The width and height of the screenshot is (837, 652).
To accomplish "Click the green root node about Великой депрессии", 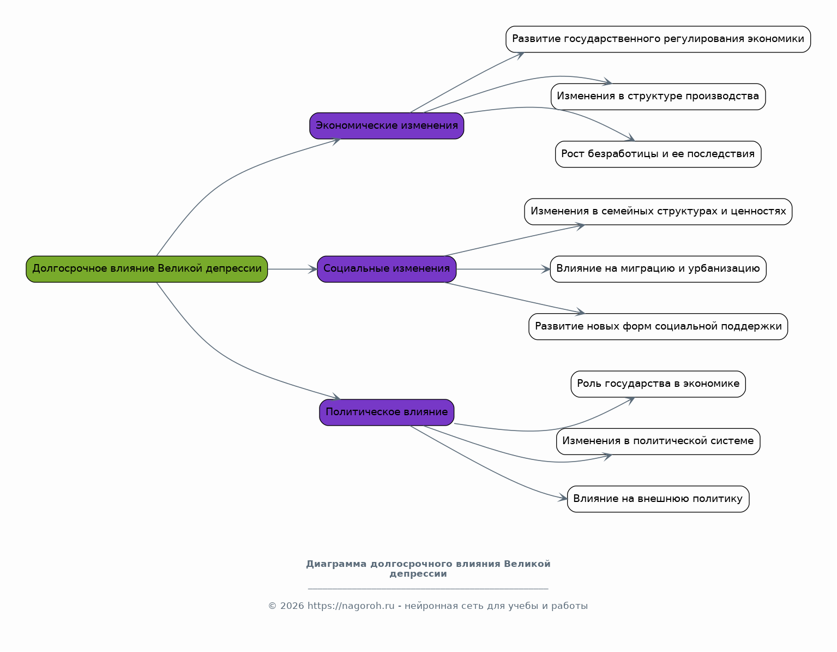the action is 147,269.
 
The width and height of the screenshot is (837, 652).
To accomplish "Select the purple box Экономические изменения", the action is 387,125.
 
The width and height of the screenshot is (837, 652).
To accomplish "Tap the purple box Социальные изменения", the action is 387,269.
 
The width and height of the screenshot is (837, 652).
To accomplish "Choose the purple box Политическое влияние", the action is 387,412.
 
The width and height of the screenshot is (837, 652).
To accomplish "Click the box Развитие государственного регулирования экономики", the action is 658,39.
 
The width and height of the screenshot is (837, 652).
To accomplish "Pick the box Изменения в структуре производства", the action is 658,97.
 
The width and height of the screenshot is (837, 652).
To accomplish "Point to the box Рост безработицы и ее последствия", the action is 658,154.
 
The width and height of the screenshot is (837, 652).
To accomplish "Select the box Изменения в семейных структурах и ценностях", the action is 658,212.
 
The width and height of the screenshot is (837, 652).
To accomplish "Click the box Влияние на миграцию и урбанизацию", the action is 658,269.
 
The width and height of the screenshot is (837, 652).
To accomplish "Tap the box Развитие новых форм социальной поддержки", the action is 658,326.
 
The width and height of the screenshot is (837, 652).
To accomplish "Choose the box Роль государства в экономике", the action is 658,384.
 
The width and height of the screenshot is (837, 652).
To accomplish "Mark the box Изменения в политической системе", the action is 658,441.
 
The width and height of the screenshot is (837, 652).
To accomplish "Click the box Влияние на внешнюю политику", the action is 658,499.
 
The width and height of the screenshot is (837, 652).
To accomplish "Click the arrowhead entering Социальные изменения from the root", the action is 313,269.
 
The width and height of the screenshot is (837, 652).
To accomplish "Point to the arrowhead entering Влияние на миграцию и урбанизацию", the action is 546,269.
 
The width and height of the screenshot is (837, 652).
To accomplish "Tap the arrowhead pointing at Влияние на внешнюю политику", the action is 563,498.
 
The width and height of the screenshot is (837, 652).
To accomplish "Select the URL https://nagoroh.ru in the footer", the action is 351,606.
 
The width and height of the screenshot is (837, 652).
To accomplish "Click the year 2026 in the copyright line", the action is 292,606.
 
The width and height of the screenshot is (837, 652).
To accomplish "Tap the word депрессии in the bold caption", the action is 418,574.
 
